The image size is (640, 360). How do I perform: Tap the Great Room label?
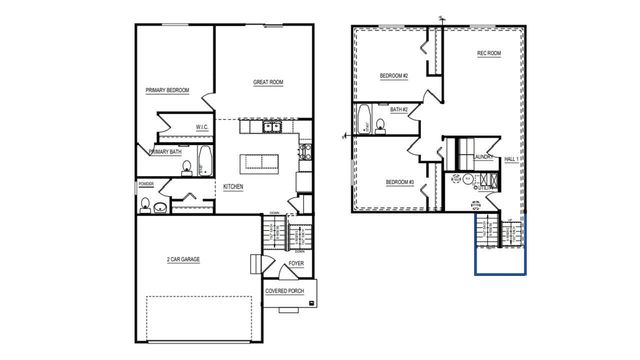click(269, 83)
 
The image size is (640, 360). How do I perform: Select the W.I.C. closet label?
click(201, 127)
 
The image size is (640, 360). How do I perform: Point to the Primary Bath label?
click(165, 152)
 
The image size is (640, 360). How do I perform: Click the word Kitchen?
click(233, 187)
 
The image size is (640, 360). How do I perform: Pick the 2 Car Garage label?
click(183, 259)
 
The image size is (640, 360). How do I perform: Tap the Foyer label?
click(296, 264)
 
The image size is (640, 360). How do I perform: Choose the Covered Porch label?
click(285, 291)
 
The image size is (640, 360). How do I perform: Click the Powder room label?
click(146, 184)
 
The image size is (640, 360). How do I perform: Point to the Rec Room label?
click(488, 54)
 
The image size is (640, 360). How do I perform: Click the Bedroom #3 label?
click(400, 181)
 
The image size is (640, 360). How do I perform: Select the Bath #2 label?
click(399, 110)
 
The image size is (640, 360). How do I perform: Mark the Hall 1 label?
click(512, 157)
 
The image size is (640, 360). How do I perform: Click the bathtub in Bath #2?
click(364, 118)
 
